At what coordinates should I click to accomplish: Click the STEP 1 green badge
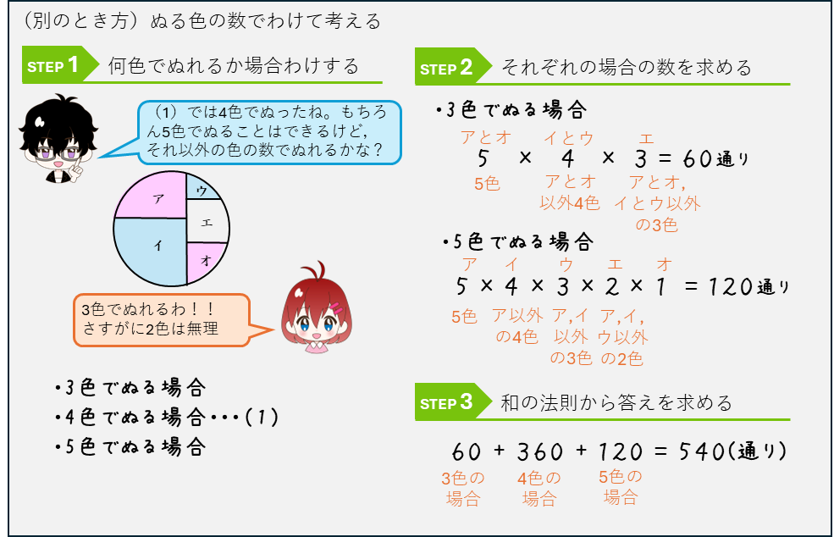(x=58, y=65)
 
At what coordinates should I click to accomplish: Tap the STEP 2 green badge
(x=451, y=67)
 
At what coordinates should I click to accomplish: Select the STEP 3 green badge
(x=451, y=401)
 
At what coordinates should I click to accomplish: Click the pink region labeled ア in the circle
(x=151, y=195)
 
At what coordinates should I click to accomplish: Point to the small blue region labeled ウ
(x=202, y=187)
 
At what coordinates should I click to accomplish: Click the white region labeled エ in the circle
(x=207, y=221)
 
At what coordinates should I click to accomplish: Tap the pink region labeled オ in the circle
(x=205, y=260)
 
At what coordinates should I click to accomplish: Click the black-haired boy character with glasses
(x=58, y=138)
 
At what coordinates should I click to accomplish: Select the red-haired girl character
(x=317, y=307)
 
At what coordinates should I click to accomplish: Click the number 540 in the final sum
(x=702, y=451)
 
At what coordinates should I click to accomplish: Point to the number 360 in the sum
(x=540, y=451)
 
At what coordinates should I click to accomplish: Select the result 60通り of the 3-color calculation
(x=716, y=158)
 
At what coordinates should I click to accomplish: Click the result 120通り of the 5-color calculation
(x=748, y=287)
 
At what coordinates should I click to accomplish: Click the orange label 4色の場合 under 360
(x=539, y=488)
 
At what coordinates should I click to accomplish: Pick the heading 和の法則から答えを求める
(x=616, y=402)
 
